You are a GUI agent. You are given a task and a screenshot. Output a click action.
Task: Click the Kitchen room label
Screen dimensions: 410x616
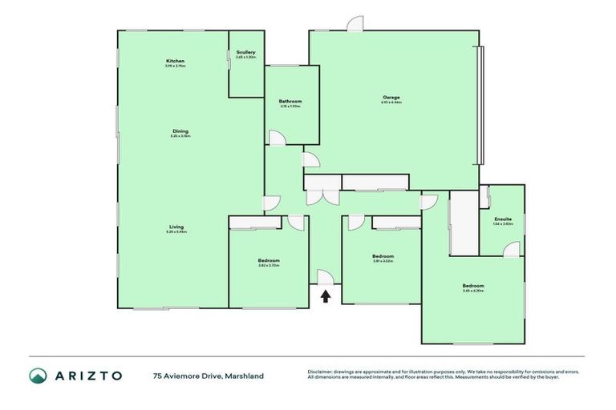pos(176,62)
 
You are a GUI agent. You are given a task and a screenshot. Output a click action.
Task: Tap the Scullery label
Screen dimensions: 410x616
pos(246,52)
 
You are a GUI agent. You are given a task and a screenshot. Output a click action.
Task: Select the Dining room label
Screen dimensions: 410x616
pos(180,131)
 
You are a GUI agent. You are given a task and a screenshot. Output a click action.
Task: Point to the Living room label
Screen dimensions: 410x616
pos(176,227)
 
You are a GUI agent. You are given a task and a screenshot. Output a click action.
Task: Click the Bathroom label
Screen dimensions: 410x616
pos(290,102)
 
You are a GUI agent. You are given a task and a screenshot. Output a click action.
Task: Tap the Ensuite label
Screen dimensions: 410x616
pos(503,219)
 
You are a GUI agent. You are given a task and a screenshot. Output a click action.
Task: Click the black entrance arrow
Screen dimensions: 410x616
pos(326,297)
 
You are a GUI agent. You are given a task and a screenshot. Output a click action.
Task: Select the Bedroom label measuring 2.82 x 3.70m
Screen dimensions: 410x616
pos(269,260)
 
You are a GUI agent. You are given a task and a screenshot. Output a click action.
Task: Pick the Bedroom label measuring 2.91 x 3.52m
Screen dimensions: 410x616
pos(383,256)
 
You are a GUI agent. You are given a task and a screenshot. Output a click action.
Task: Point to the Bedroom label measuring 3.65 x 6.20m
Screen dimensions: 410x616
pos(472,286)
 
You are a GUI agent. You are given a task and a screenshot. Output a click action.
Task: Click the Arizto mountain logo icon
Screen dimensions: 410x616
pos(38,376)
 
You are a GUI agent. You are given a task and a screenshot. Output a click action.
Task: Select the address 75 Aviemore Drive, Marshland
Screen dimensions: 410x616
pos(208,376)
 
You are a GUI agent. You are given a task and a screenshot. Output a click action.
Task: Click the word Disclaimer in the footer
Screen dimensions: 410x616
pos(321,372)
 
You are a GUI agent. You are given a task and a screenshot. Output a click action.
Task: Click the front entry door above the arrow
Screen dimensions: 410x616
pos(326,277)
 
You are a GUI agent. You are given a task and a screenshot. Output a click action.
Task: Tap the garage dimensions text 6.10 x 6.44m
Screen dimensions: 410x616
pos(391,103)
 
